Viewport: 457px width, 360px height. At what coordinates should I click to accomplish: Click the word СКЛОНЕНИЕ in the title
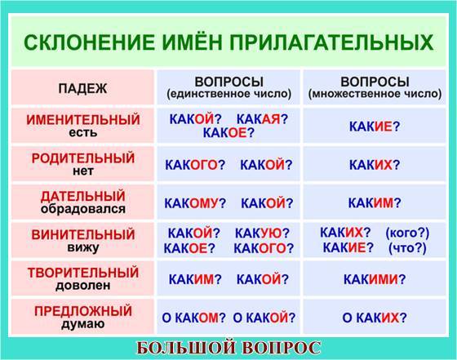pos(89,42)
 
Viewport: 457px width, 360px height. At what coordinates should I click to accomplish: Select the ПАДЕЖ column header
pos(82,88)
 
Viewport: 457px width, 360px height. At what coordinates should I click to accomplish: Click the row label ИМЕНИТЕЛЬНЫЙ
pos(83,120)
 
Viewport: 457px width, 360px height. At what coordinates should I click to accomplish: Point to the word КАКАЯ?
pos(262,119)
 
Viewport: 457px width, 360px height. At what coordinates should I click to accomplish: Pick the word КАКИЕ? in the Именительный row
pos(375,127)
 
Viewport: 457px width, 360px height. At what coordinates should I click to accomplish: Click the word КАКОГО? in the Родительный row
pos(195,165)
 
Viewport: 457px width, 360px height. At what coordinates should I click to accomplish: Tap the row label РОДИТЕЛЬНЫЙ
pos(83,158)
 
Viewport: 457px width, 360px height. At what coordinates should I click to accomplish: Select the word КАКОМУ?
pos(195,203)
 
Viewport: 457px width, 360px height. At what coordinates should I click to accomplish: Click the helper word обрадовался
pos(83,209)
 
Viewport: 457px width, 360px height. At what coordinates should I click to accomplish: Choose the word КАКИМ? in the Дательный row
pos(375,202)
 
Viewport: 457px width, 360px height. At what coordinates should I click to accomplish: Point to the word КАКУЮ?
pos(262,233)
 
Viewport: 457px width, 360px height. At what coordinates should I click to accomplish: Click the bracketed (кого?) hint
pos(407,233)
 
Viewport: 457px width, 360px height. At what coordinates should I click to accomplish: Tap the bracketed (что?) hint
pos(407,248)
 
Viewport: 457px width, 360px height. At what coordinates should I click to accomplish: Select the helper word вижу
pos(83,247)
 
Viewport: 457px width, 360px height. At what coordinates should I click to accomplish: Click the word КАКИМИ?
pos(375,279)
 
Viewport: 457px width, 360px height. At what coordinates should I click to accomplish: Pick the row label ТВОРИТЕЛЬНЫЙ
pos(83,273)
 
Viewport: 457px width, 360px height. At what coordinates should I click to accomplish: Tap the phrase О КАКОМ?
pos(194,318)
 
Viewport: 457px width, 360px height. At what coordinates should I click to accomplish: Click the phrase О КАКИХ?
pos(375,318)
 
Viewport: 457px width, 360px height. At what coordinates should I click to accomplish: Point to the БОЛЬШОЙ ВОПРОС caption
pos(228,348)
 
